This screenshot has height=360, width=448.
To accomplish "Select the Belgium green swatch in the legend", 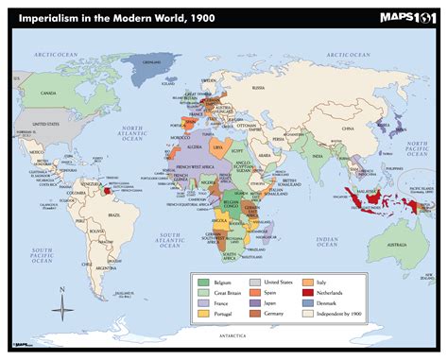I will point(202,283).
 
